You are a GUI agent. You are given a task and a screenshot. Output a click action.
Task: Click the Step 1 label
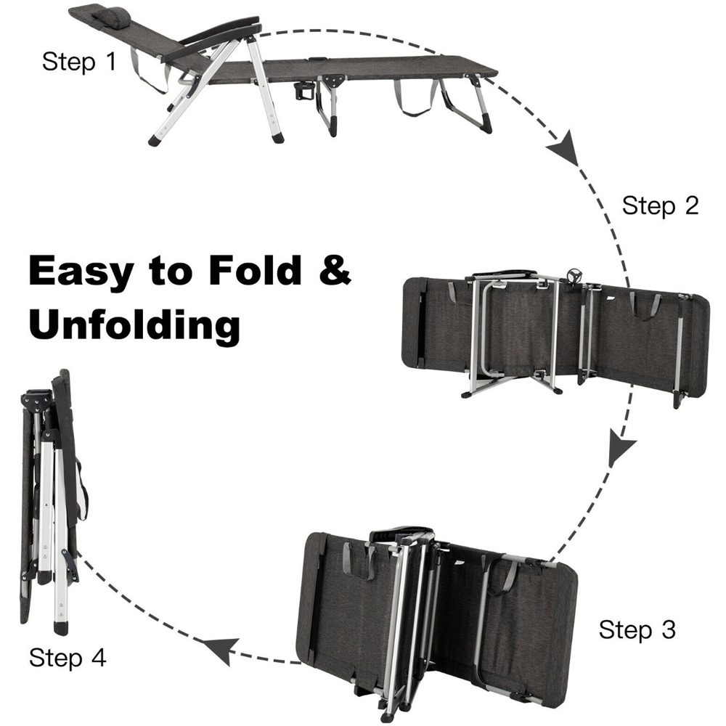tap(79, 61)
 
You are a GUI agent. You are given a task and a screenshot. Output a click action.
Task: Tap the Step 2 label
tap(660, 205)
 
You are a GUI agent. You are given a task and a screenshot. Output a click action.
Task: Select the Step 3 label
tap(637, 629)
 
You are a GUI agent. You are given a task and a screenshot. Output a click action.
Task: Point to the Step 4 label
tap(68, 658)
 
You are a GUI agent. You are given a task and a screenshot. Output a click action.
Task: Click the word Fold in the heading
tap(255, 270)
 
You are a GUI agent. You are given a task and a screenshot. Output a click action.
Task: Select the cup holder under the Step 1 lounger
tap(304, 90)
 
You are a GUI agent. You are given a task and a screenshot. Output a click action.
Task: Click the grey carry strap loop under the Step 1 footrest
tap(415, 99)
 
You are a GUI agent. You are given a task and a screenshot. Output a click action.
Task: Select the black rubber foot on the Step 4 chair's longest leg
tap(61, 628)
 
